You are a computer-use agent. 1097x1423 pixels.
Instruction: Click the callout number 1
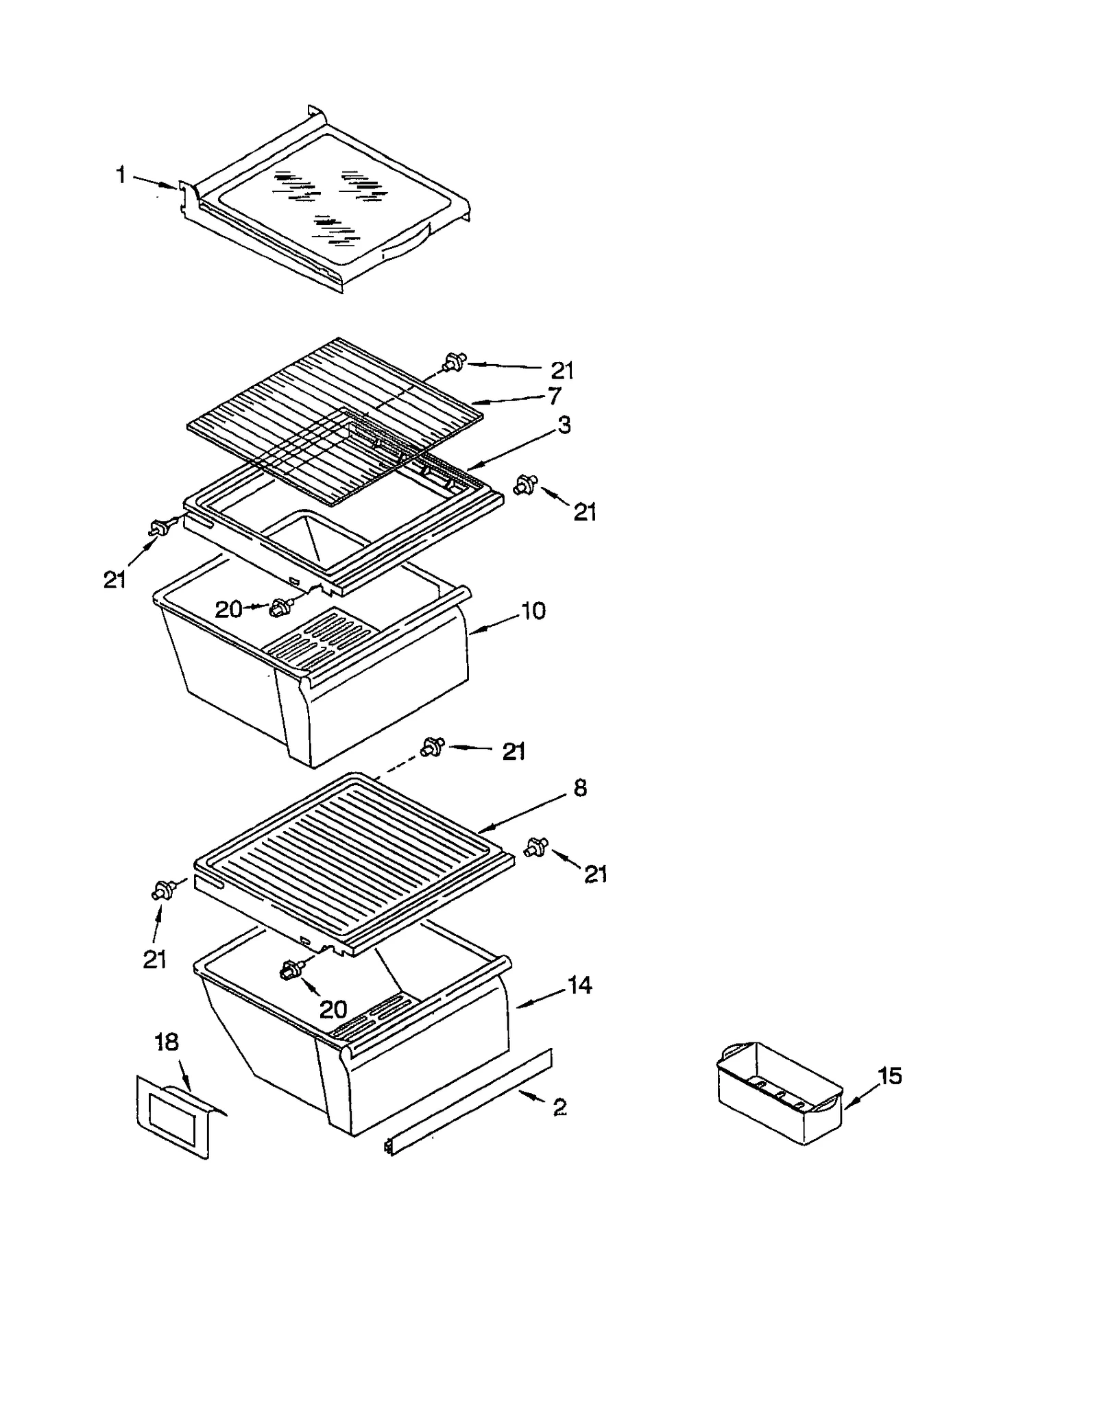tap(121, 176)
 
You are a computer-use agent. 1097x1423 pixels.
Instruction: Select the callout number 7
tap(555, 396)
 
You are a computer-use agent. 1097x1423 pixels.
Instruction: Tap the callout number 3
tap(564, 425)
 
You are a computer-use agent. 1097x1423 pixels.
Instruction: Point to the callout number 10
tap(533, 610)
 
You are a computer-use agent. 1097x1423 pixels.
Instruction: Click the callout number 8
tap(580, 788)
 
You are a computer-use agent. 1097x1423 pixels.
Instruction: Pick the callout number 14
tap(579, 985)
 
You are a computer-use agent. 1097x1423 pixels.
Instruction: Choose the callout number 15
tap(890, 1076)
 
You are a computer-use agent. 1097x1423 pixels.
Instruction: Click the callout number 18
tap(167, 1042)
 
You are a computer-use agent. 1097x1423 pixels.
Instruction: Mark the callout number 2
tap(559, 1107)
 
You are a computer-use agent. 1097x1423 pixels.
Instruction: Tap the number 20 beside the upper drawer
tap(229, 609)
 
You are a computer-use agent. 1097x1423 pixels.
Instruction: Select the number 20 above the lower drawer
tap(333, 1009)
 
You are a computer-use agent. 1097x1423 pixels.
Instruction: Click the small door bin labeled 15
tap(778, 1094)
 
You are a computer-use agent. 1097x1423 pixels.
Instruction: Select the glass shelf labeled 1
tap(329, 206)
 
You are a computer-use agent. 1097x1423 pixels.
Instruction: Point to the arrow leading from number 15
tap(860, 1093)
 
